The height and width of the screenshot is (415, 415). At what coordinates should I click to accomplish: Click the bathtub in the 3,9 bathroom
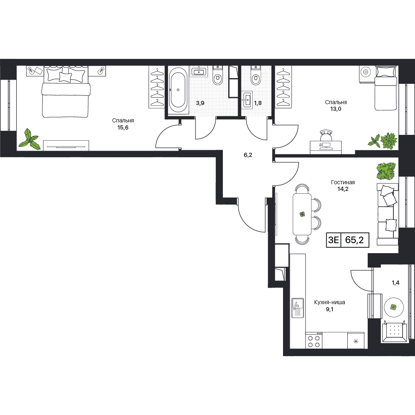[x=178, y=90]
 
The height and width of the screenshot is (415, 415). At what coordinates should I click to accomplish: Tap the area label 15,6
[x=123, y=127]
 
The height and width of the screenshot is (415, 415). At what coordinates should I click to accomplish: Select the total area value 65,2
[x=354, y=240]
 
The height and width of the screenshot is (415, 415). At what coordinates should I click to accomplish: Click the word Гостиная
[x=343, y=182]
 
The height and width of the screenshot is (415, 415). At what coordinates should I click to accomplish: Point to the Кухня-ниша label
[x=330, y=302]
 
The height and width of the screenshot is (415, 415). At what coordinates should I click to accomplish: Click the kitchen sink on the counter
[x=298, y=308]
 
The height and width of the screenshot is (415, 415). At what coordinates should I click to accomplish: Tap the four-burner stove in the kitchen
[x=314, y=341]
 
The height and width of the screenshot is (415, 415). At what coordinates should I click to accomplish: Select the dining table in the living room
[x=302, y=214]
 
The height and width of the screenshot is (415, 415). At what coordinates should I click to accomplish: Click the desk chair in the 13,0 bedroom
[x=326, y=136]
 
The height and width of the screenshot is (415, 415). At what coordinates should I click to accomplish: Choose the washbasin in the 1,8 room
[x=247, y=99]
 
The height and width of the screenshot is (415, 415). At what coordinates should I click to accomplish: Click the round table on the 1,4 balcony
[x=393, y=307]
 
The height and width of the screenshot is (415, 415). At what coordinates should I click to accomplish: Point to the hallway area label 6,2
[x=248, y=155]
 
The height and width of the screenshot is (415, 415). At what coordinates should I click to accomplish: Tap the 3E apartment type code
[x=333, y=240]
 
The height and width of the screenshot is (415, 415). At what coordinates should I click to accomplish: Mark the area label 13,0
[x=336, y=108]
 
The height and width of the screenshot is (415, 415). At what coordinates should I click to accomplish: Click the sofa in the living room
[x=388, y=214]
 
